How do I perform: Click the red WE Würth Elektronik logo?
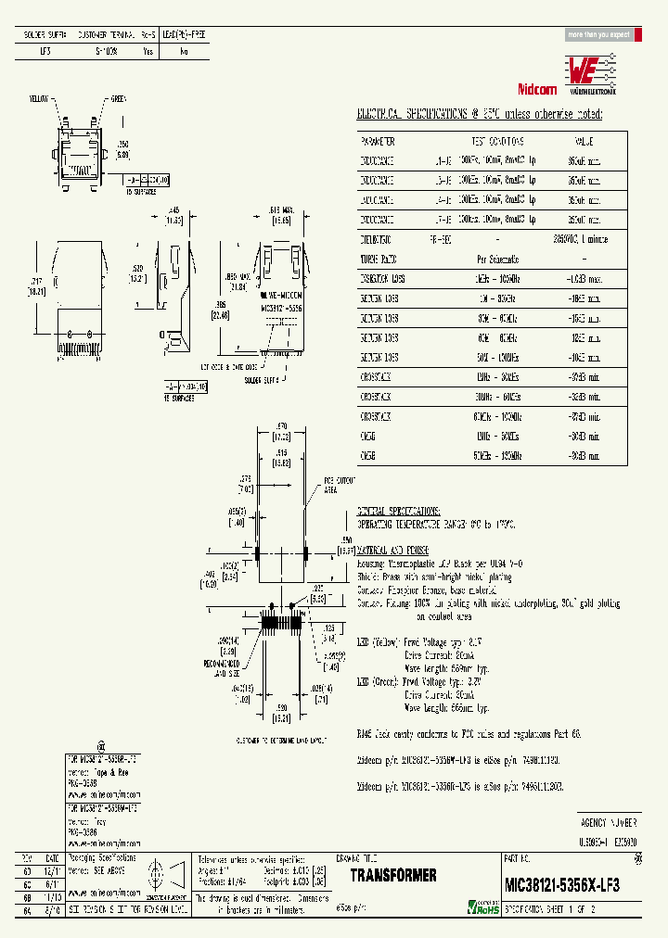click(x=590, y=70)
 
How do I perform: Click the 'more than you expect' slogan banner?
click(x=598, y=34)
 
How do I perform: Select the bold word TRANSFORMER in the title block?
click(x=393, y=876)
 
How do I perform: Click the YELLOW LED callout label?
click(x=38, y=97)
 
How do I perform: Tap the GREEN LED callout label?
click(x=118, y=97)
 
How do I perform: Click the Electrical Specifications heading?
click(x=480, y=114)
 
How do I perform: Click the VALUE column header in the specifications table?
click(x=583, y=142)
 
